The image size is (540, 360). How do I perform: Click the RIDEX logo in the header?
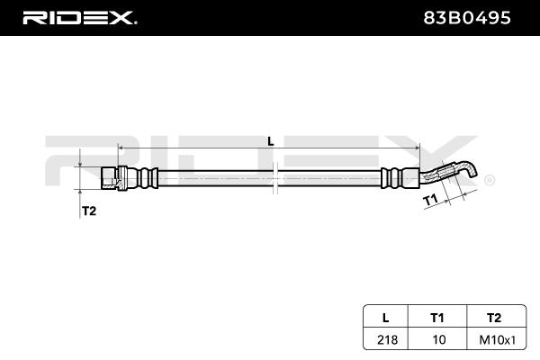[78, 17]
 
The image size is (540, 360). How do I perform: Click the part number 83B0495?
[468, 17]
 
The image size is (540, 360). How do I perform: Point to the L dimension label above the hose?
[270, 139]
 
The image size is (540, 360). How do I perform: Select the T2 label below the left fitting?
[89, 211]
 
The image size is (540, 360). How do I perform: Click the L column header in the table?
[385, 318]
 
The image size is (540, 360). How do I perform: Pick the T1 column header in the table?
[437, 318]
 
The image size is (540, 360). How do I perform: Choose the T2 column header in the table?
[492, 318]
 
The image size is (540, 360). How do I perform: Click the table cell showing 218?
[385, 339]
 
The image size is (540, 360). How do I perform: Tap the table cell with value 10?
[437, 339]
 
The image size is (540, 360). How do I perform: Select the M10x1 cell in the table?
[492, 339]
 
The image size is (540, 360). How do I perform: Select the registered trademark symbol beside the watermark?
[489, 181]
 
